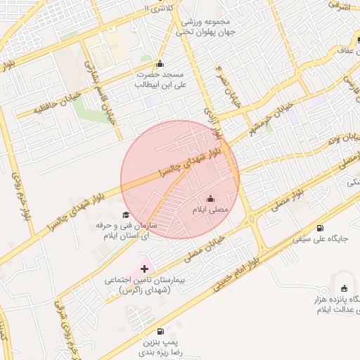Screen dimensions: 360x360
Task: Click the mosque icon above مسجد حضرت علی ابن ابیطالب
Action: click(160, 63)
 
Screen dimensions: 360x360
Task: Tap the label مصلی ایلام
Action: click(210, 210)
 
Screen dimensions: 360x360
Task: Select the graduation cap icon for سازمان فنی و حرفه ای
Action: click(126, 214)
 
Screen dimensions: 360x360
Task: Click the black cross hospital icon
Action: click(145, 268)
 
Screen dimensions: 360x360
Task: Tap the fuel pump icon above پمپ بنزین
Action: click(161, 331)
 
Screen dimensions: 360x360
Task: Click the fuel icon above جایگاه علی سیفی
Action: click(321, 228)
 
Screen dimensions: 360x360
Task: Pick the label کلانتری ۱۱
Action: click(155, 8)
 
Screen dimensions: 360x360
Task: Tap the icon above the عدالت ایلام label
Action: click(344, 288)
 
